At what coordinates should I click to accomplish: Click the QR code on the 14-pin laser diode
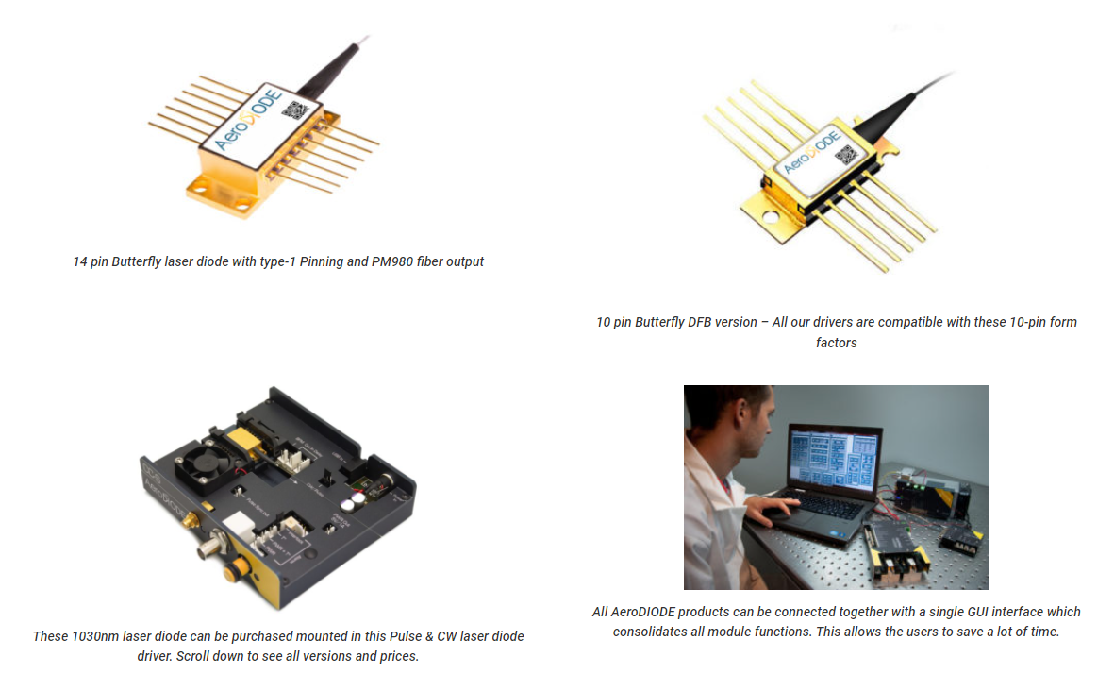(296, 110)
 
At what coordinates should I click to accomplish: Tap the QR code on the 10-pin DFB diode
(845, 154)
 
